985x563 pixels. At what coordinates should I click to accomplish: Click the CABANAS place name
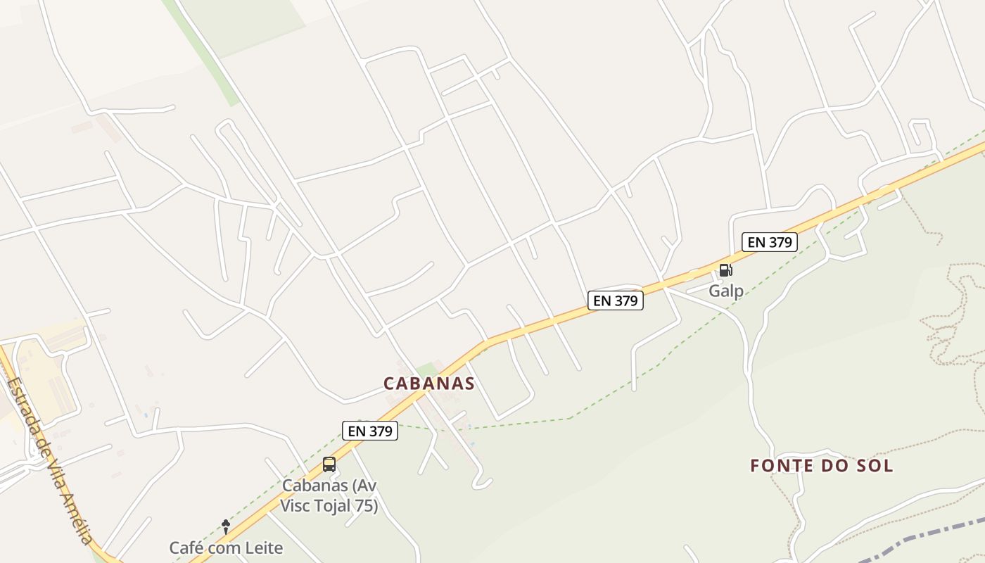428,384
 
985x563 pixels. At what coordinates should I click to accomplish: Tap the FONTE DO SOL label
821,466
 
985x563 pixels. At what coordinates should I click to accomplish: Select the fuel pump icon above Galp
725,270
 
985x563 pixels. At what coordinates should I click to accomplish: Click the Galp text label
725,291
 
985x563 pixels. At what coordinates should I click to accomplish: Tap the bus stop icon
329,464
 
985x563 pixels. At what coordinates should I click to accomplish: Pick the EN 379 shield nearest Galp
770,242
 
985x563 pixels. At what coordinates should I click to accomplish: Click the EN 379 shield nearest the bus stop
370,431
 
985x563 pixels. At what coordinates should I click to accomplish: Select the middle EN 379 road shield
615,301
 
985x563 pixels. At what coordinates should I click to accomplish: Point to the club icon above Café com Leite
225,525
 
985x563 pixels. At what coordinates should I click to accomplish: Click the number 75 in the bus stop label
368,506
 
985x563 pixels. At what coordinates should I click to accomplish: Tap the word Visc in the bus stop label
296,506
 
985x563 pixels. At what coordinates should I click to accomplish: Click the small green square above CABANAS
426,369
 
